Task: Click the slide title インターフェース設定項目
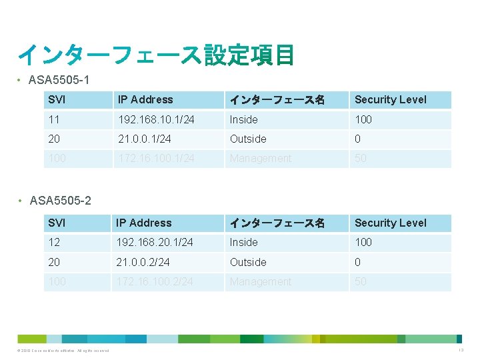tap(156, 55)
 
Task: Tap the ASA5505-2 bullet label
tap(59, 201)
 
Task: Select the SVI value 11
tap(53, 119)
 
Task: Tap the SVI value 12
tap(54, 242)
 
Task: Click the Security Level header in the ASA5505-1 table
tap(390, 100)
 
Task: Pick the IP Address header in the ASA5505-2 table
tap(144, 223)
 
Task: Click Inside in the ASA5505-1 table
tap(244, 119)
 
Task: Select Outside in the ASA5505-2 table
tap(248, 262)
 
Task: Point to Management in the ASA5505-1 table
tap(261, 159)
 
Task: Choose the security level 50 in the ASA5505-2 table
tap(361, 282)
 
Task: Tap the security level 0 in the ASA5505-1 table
tap(358, 139)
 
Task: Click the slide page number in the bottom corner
tap(461, 351)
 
